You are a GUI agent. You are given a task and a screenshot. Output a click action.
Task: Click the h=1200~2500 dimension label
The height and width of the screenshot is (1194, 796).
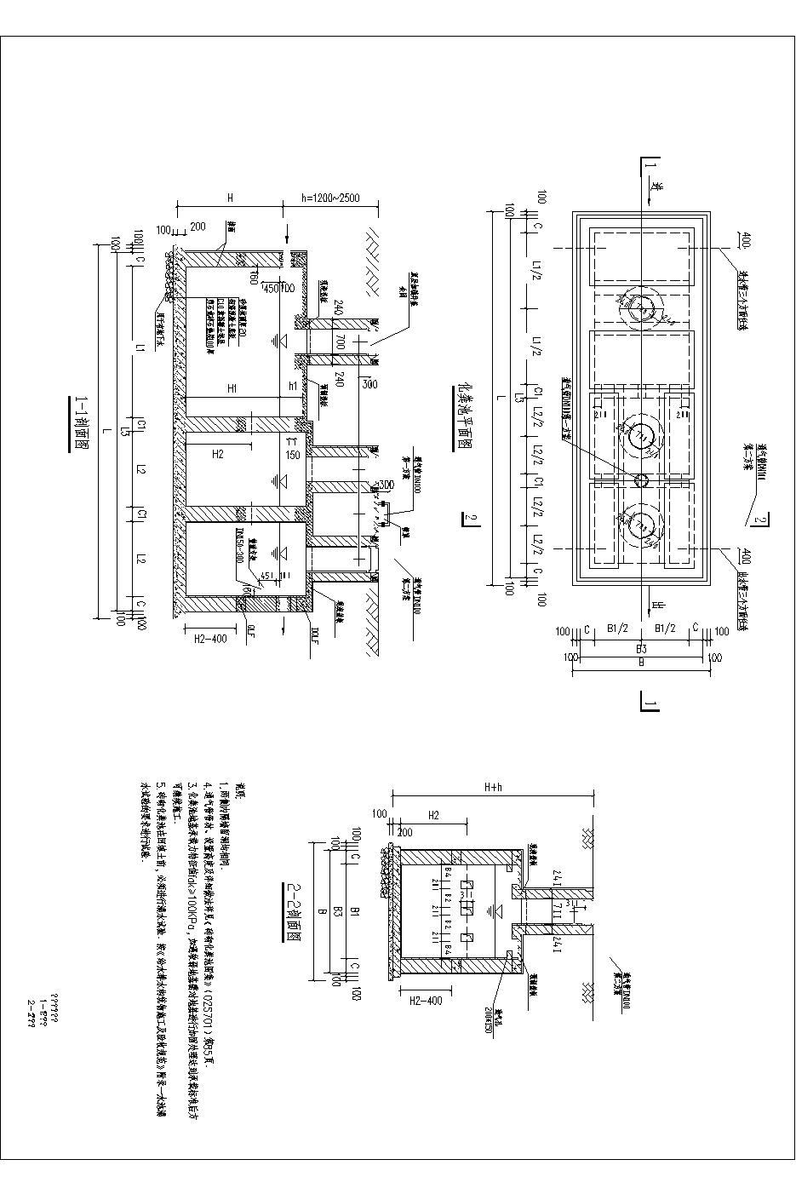point(329,198)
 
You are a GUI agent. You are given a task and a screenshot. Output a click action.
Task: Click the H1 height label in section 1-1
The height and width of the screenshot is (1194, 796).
point(231,387)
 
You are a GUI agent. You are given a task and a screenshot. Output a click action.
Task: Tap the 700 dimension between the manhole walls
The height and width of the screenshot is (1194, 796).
point(338,343)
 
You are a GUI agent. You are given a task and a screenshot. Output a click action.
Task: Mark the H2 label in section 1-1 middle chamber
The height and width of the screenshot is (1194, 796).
point(218,454)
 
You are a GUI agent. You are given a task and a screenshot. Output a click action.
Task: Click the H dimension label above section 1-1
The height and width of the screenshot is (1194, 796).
point(230,198)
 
